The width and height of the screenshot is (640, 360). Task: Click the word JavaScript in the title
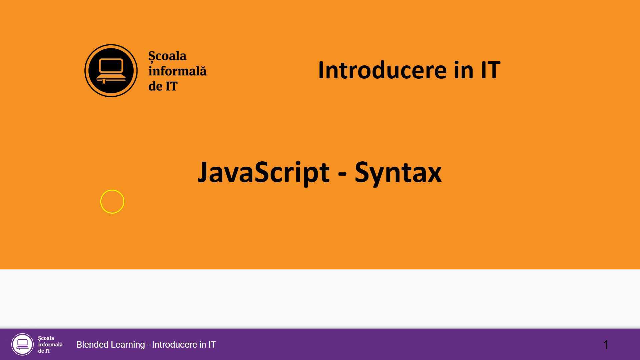click(x=263, y=172)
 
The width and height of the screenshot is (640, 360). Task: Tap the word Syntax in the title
click(x=398, y=172)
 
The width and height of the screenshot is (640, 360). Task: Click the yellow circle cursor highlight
click(x=112, y=202)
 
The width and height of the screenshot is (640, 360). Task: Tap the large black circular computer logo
click(x=111, y=71)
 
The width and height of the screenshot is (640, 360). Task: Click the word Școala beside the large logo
click(x=167, y=56)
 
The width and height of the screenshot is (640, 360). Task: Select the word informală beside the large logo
click(x=177, y=71)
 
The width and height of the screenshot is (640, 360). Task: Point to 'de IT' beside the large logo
click(x=163, y=86)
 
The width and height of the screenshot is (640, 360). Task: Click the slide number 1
click(x=606, y=345)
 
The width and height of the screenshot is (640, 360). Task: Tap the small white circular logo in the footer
click(x=22, y=344)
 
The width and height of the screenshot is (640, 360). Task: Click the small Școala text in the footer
click(x=46, y=338)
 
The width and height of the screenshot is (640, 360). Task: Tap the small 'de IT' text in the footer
click(x=44, y=351)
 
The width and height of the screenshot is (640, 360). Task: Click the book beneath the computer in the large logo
click(x=111, y=79)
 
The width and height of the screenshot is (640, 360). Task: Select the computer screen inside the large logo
click(x=111, y=65)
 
